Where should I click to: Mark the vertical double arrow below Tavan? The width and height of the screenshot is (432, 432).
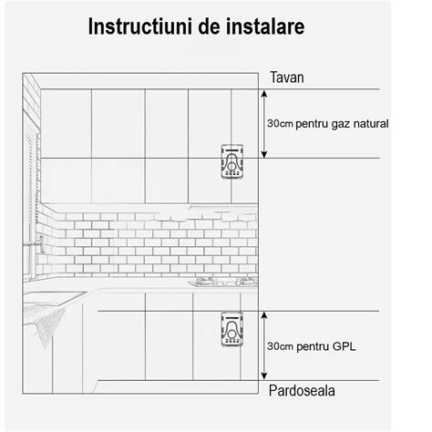(x=263, y=122)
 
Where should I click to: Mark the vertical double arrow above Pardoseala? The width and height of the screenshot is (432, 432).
(x=263, y=345)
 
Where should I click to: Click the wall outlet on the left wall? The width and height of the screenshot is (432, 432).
(x=42, y=241)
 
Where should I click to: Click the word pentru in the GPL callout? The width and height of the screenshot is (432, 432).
(x=312, y=346)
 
